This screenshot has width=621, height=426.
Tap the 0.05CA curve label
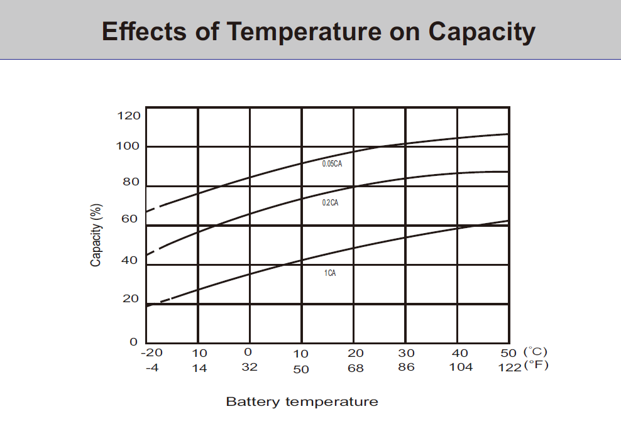(x=332, y=163)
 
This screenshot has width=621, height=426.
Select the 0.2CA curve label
(x=330, y=203)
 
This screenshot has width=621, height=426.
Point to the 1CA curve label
(x=330, y=273)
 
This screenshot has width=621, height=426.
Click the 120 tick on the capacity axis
(x=128, y=116)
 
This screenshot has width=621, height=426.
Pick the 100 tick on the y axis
(x=128, y=146)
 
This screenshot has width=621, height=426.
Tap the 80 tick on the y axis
(x=130, y=182)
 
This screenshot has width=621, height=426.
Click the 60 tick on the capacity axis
(x=129, y=219)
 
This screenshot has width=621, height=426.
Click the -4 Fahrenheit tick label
(x=151, y=368)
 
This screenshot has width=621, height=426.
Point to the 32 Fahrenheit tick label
(x=250, y=368)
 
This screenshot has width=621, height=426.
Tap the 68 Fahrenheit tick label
(x=356, y=368)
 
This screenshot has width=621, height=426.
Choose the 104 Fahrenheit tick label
(x=461, y=368)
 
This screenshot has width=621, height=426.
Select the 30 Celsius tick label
(x=407, y=353)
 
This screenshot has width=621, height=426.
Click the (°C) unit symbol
(x=536, y=352)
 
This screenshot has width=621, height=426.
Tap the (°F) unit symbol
(x=536, y=366)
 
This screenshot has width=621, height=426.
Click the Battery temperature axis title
(x=302, y=401)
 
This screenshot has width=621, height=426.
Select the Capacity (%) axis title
(x=96, y=234)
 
